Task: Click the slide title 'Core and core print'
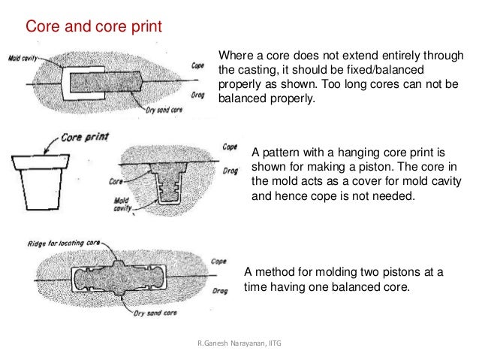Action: click(94, 28)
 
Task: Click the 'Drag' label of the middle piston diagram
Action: click(231, 171)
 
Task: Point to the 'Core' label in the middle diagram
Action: click(116, 181)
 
